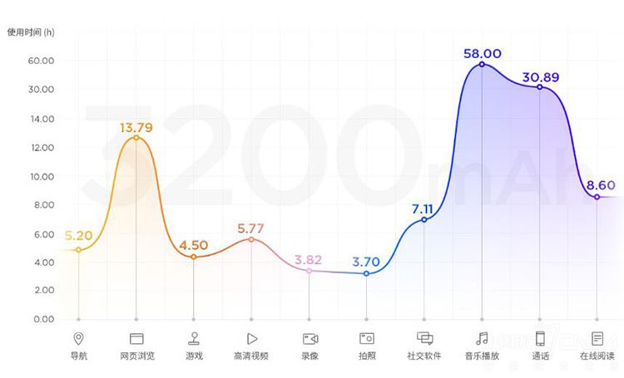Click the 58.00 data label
coord(483,53)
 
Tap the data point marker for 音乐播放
coord(482,65)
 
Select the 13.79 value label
coord(136,127)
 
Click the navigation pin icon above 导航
coord(78,338)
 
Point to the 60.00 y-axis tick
coord(41,61)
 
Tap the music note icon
coord(482,338)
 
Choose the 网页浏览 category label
coord(136,356)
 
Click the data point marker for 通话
coord(539,87)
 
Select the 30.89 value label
coord(540,77)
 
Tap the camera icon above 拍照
coord(367,338)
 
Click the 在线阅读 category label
coord(597,356)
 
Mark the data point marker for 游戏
coord(194,258)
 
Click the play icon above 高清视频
coord(251,338)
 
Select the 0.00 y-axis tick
coord(41,319)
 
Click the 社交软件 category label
coord(424,356)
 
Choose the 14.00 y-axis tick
coord(41,119)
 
